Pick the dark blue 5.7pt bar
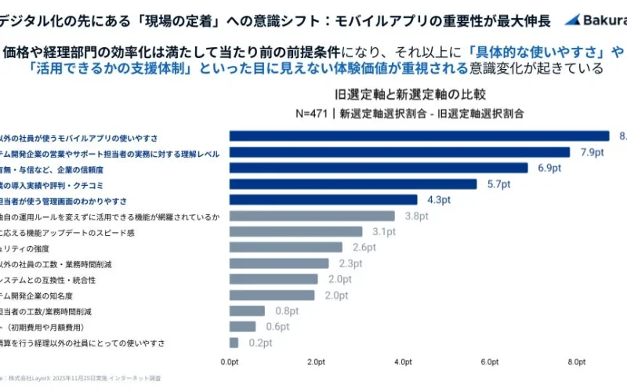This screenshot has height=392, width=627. point(353,184)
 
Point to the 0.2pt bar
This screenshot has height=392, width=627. point(234,343)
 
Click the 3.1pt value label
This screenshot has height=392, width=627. point(384,232)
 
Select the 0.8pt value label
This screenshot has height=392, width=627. point(288,311)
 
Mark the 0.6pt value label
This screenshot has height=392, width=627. point(278,327)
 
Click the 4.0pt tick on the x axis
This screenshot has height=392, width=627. point(403,361)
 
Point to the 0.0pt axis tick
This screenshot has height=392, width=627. point(230,361)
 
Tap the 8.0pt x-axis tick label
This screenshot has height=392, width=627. point(576,361)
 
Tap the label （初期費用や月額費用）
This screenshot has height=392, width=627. point(47,327)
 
